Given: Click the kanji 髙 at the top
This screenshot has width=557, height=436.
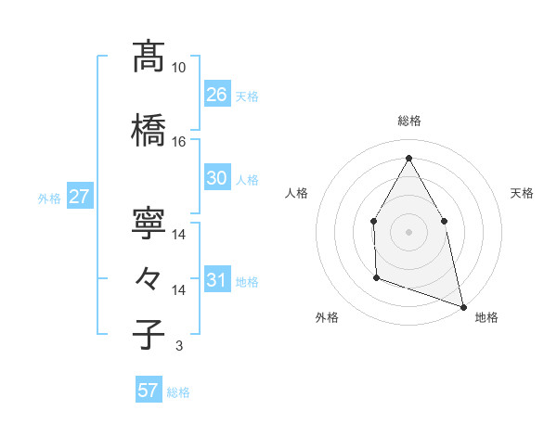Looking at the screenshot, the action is pyautogui.click(x=148, y=57).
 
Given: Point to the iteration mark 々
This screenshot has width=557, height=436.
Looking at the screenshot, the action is pyautogui.click(x=148, y=277).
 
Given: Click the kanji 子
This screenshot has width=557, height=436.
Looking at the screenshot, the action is pyautogui.click(x=148, y=334).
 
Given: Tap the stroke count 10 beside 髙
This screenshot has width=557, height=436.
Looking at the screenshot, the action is pyautogui.click(x=179, y=68).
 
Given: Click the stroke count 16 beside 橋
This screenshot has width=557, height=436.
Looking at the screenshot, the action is pyautogui.click(x=179, y=142).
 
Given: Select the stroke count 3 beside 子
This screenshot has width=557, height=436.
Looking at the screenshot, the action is pyautogui.click(x=178, y=346).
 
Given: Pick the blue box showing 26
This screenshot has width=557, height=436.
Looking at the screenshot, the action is pyautogui.click(x=216, y=94).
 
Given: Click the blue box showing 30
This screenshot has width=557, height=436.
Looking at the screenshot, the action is pyautogui.click(x=216, y=178).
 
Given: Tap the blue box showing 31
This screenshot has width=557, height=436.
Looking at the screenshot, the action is pyautogui.click(x=216, y=280).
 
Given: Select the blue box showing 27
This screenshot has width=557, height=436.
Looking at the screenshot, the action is pyautogui.click(x=79, y=197).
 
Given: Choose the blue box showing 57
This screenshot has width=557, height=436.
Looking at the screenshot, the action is pyautogui.click(x=148, y=391).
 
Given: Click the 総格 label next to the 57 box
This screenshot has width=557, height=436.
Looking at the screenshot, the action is pyautogui.click(x=178, y=392).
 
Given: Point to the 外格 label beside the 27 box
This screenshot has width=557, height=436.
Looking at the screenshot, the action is pyautogui.click(x=49, y=199).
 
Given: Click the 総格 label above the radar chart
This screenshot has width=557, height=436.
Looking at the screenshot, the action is pyautogui.click(x=409, y=121).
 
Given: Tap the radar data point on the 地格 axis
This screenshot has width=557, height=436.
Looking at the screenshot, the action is pyautogui.click(x=462, y=305).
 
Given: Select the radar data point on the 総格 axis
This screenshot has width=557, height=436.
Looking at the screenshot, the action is pyautogui.click(x=408, y=158).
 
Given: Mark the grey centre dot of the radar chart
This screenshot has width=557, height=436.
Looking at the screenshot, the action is pyautogui.click(x=408, y=231).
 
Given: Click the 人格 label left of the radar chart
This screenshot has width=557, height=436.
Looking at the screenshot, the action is pyautogui.click(x=297, y=193).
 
